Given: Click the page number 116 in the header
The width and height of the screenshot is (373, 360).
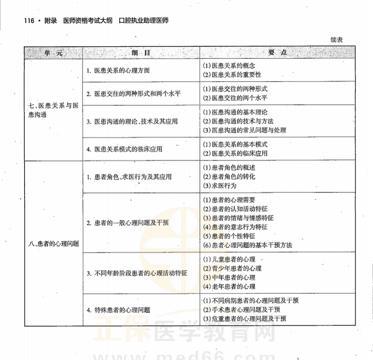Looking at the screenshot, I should coord(25,21).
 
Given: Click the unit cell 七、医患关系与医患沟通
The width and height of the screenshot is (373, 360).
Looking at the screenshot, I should coord(53,110).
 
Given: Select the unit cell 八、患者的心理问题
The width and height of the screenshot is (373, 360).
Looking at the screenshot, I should coord(54,243).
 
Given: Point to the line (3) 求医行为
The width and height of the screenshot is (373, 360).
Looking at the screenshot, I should coord(220,186).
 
